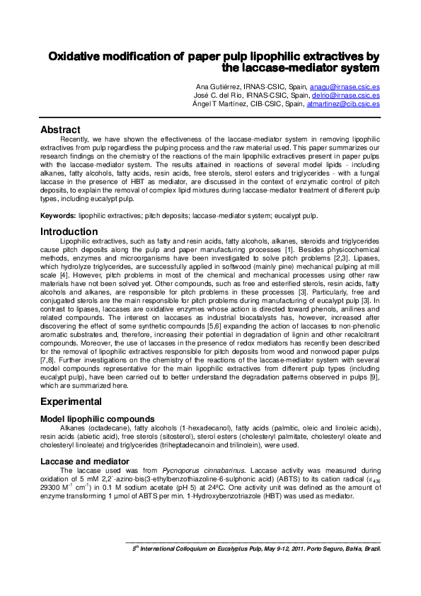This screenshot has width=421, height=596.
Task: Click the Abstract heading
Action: (x=60, y=130)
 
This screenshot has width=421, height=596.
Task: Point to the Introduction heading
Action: (x=69, y=231)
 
